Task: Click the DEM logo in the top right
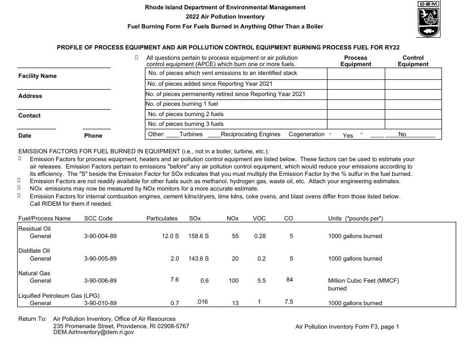pos(428,19)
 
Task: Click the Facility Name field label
pos(37,76)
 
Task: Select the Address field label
pos(30,96)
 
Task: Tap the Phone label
pos(93,136)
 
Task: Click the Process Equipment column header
pos(355,61)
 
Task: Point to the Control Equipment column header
pos(413,61)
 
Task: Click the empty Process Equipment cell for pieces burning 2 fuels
pos(355,114)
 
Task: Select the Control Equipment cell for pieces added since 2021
pos(413,84)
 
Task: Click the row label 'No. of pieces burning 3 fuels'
pos(186,124)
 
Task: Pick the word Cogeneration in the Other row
pos(306,134)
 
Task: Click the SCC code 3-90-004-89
pos(100,236)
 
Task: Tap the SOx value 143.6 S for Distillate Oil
pos(198,259)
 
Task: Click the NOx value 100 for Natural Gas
pos(233,281)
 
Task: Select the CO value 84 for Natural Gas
pos(289,280)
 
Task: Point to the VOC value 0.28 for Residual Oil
pos(260,236)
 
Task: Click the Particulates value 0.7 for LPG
pos(175,303)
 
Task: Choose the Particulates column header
pos(162,218)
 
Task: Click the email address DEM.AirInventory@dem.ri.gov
pos(93,332)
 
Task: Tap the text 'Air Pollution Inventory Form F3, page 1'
pos(347,327)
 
